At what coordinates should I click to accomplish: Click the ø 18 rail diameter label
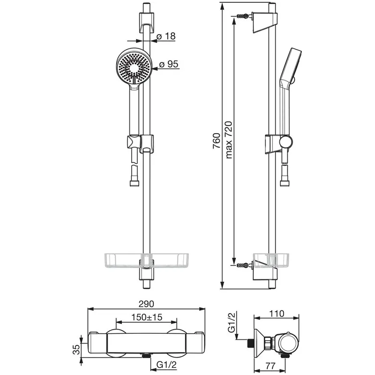click(x=166, y=36)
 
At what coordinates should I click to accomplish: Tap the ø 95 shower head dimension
click(x=169, y=64)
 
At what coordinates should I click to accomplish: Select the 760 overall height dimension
click(x=217, y=141)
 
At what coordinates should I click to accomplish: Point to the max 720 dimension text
click(x=229, y=140)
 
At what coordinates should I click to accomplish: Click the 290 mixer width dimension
click(x=146, y=304)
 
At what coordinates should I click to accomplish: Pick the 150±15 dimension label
click(x=147, y=317)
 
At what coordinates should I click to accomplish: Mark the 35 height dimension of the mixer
click(x=76, y=350)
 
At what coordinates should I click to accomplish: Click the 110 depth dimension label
click(x=277, y=314)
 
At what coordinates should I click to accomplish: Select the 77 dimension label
click(x=270, y=366)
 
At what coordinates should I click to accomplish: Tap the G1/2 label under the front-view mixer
click(x=166, y=365)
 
